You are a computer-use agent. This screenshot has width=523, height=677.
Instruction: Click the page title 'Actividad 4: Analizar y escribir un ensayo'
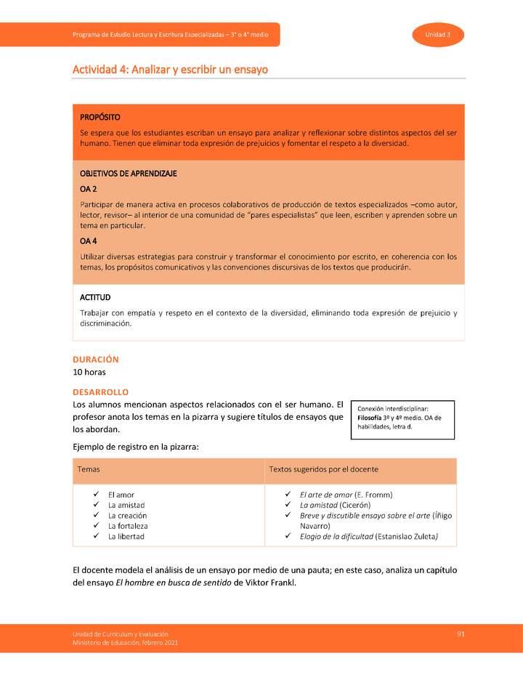[170, 70]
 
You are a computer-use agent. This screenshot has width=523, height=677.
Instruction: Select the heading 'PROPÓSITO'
[100, 117]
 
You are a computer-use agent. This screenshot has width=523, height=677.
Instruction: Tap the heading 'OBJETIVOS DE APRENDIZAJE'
[129, 174]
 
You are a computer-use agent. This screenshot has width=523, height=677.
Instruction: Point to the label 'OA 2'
[89, 189]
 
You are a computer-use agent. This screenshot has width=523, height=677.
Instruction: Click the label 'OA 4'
[89, 241]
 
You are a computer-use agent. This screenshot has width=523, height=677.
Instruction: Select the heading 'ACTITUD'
[95, 297]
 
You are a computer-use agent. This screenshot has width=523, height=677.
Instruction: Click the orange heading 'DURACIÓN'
[96, 359]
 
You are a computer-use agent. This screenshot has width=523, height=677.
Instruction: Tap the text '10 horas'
[89, 372]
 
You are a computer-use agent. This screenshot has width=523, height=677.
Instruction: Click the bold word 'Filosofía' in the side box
[372, 418]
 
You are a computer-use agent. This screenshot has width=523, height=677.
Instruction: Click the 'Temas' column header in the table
[89, 470]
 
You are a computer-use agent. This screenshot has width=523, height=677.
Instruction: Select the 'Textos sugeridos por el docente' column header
[323, 470]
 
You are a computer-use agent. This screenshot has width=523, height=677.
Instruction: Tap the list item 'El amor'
[121, 495]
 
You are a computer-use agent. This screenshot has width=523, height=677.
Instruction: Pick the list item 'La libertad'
[126, 536]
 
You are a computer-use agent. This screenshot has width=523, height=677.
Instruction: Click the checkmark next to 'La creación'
[96, 515]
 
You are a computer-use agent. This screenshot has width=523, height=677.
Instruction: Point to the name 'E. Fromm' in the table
[373, 495]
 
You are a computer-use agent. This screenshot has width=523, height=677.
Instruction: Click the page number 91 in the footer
[461, 634]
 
